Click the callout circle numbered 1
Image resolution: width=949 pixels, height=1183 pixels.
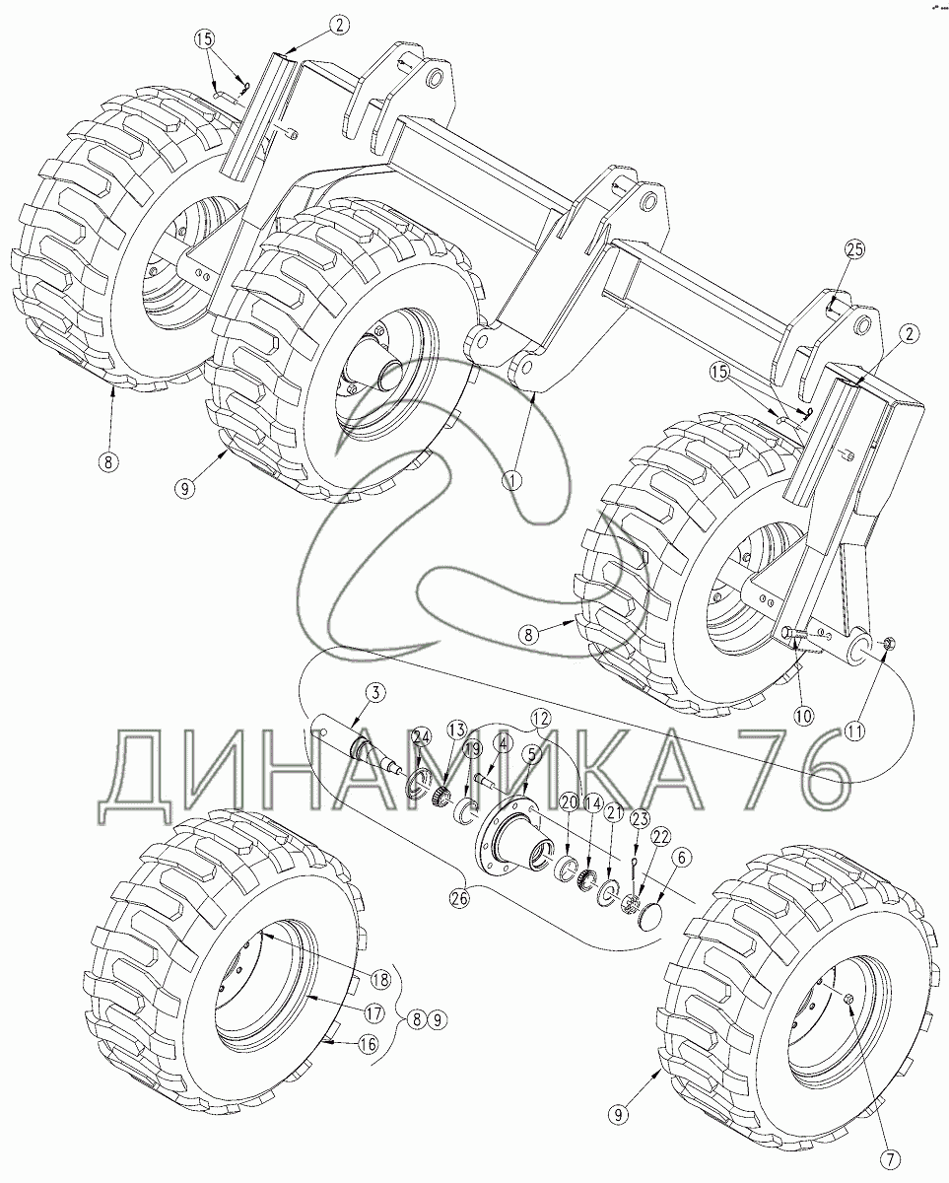pyautogui.click(x=512, y=480)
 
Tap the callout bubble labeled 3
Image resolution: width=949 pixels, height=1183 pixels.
pyautogui.click(x=374, y=693)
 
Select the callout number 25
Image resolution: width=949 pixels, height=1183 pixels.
pyautogui.click(x=854, y=249)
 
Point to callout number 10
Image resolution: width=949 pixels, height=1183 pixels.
pyautogui.click(x=803, y=715)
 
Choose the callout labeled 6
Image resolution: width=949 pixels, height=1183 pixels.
pyautogui.click(x=681, y=858)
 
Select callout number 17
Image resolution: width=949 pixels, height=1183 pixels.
pyautogui.click(x=374, y=1013)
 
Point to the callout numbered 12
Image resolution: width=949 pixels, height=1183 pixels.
pyautogui.click(x=540, y=718)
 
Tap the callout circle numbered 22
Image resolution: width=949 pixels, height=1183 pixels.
pyautogui.click(x=660, y=838)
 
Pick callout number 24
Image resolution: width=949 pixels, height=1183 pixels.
pyautogui.click(x=421, y=739)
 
